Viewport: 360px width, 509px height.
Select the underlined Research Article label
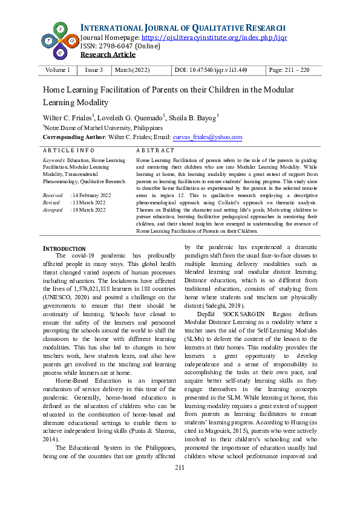108,54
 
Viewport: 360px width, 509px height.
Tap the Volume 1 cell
57,70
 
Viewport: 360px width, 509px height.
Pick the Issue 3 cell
93,70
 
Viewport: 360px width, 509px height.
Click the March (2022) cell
132,70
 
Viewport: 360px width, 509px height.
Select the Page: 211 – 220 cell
289,70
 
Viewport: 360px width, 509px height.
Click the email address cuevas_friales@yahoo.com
207,137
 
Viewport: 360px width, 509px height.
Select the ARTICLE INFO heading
68,149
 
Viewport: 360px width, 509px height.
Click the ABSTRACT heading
155,149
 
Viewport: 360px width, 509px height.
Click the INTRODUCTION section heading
64,248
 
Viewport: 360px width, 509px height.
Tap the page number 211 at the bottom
180,485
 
